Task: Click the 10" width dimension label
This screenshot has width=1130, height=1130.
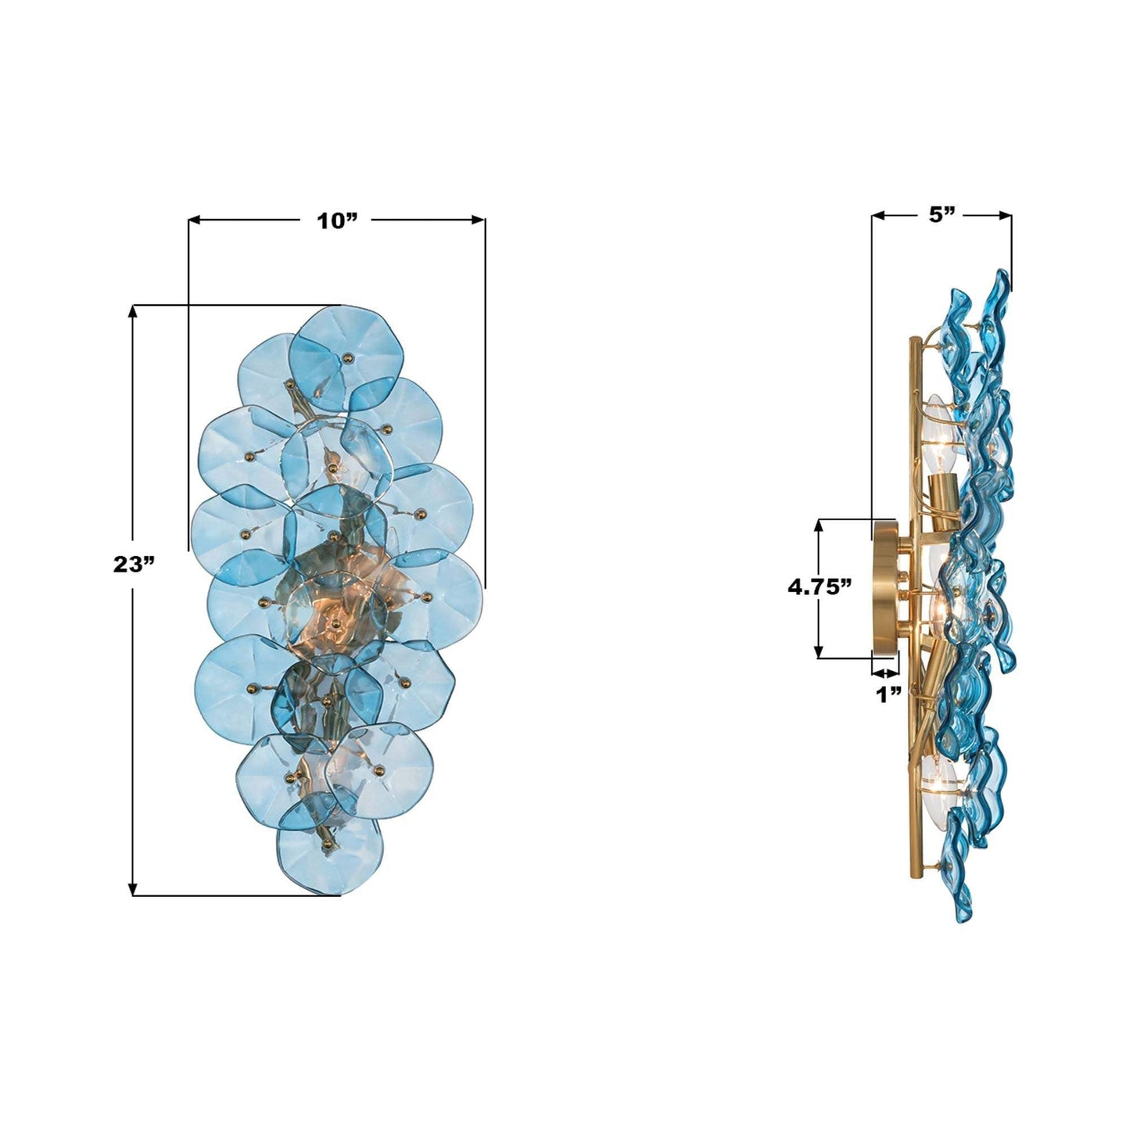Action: [337, 221]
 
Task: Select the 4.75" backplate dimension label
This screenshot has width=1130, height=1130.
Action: [820, 587]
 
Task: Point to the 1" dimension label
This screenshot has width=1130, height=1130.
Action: [888, 696]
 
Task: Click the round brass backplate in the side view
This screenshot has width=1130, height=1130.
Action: [884, 588]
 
